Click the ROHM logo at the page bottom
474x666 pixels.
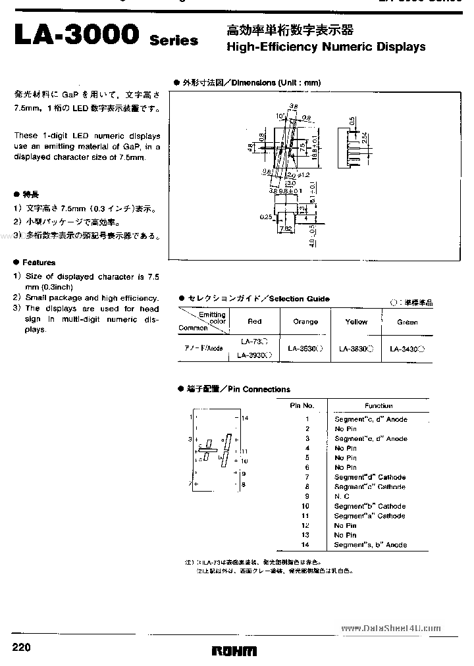[234, 650]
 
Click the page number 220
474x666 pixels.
[22, 648]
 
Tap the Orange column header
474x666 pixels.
[305, 322]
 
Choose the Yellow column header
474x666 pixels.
[356, 322]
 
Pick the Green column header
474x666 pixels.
[407, 322]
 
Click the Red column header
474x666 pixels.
[254, 322]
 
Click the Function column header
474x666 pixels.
[379, 406]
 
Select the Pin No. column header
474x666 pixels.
[302, 406]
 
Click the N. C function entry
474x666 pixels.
[342, 496]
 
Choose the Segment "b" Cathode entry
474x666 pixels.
[369, 506]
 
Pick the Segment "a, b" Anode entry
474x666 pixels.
[371, 545]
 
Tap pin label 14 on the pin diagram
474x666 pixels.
[245, 418]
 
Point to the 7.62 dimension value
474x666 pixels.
[285, 229]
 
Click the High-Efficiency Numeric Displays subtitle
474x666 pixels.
[326, 47]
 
